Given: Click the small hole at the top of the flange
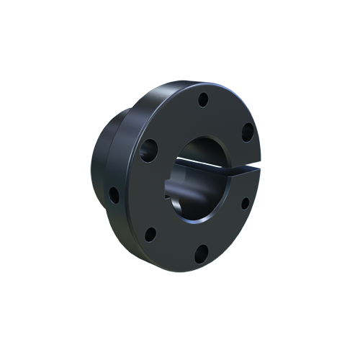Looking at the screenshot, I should (x=203, y=98).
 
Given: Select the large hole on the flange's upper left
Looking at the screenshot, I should (x=149, y=149).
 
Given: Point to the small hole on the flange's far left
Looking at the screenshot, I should (x=113, y=194).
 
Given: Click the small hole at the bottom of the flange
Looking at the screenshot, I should (x=202, y=252).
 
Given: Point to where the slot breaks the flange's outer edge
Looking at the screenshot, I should (x=256, y=168).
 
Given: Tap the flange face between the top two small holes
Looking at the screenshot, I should (x=227, y=112).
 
